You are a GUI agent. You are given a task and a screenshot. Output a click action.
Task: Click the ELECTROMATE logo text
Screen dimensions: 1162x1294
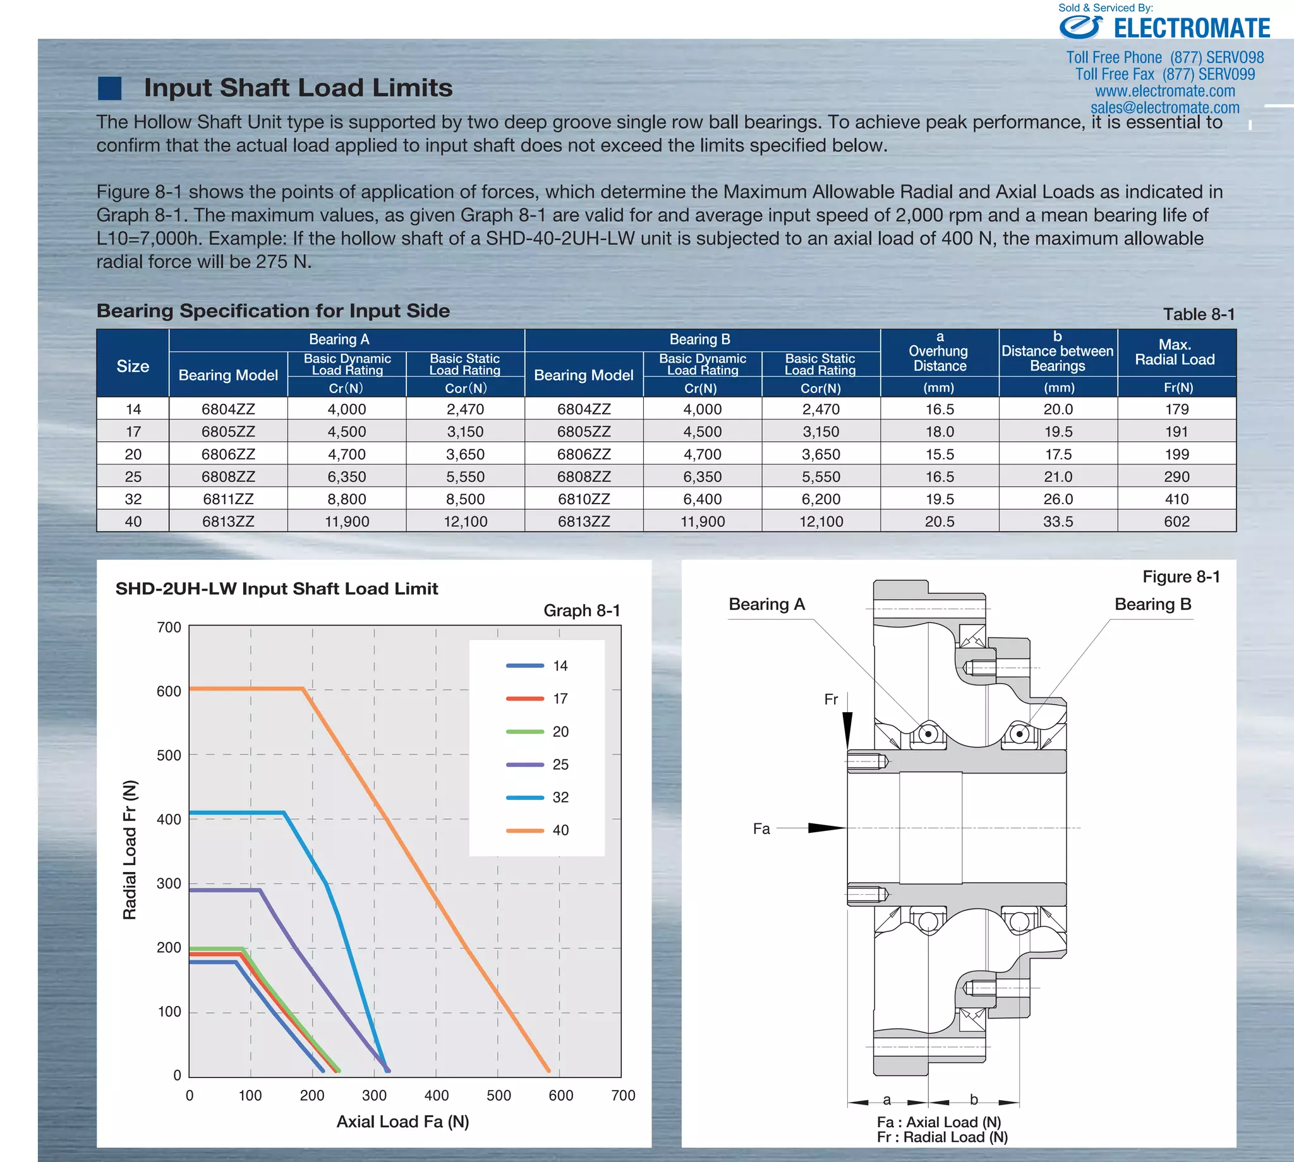tap(1191, 28)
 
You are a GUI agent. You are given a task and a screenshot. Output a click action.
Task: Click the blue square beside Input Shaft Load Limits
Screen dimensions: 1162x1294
tap(110, 88)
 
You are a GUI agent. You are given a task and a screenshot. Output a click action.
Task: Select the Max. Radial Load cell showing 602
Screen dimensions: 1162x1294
tap(1176, 521)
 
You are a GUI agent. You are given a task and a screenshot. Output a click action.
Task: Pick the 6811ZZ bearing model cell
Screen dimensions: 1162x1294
tap(228, 499)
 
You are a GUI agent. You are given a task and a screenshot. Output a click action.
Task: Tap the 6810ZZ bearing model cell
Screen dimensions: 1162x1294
tap(583, 499)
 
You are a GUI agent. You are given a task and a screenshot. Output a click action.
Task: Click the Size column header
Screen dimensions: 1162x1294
tap(133, 366)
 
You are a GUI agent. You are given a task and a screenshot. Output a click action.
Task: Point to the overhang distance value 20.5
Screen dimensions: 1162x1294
tap(939, 521)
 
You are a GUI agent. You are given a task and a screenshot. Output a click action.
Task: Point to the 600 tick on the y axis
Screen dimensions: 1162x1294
tap(169, 691)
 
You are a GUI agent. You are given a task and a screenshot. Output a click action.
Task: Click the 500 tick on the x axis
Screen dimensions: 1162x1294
tap(499, 1096)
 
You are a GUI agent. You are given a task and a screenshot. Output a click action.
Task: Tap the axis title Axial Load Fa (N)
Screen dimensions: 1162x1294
tap(402, 1122)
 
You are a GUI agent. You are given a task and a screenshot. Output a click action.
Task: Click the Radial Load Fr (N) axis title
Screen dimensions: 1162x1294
tap(130, 849)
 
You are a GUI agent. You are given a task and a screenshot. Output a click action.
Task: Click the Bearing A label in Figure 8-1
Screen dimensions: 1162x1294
tap(766, 604)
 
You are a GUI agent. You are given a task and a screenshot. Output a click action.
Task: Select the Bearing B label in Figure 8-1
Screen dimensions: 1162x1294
tap(1152, 604)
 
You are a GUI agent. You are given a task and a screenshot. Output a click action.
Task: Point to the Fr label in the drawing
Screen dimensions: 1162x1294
tap(830, 699)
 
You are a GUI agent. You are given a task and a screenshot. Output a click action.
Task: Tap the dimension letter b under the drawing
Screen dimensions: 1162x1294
tap(974, 1099)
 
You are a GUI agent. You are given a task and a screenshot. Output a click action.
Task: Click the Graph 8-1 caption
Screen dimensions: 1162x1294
tap(581, 610)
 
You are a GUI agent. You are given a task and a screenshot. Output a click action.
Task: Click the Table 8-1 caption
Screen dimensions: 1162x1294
tap(1198, 314)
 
